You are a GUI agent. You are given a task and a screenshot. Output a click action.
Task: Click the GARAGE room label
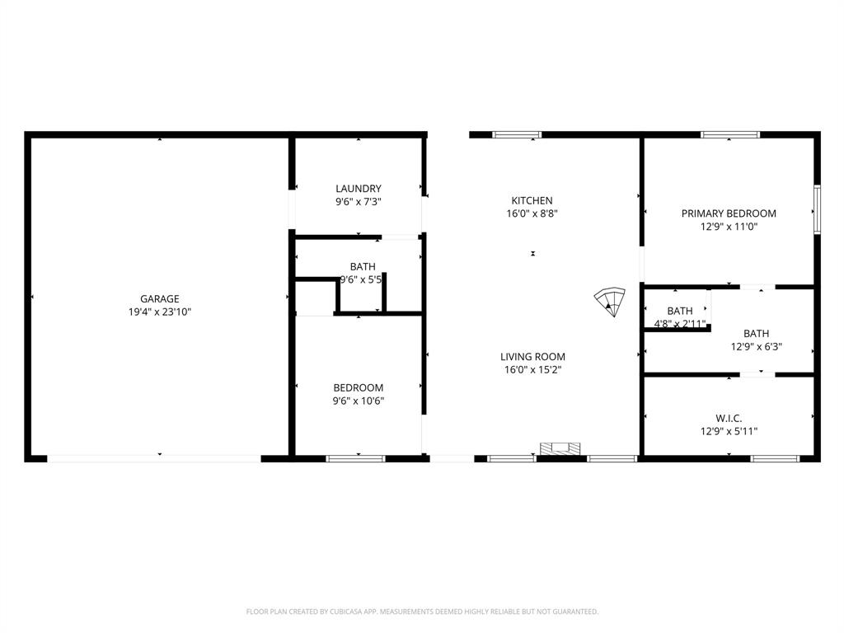159,299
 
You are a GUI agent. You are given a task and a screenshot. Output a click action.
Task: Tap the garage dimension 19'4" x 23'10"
159,312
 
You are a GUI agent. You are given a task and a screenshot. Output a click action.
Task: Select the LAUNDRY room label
359,189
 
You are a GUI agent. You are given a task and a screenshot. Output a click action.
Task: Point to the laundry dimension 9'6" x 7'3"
359,201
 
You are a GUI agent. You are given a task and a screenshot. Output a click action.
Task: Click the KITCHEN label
532,200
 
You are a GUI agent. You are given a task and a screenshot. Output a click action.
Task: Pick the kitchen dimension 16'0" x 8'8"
532,213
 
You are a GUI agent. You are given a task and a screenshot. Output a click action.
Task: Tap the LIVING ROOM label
532,357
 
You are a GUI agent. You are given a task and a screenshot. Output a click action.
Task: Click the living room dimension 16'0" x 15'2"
532,370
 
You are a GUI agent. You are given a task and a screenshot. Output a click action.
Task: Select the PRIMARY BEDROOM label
729,213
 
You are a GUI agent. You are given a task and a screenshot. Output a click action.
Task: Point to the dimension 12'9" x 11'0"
729,226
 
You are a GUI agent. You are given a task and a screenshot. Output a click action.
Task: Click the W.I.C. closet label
729,418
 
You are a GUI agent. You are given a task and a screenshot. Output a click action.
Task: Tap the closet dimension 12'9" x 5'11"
729,431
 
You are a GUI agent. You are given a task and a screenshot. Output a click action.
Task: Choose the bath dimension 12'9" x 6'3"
756,347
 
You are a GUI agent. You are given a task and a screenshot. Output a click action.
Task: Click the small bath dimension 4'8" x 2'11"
680,324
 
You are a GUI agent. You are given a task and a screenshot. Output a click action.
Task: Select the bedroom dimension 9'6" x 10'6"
359,401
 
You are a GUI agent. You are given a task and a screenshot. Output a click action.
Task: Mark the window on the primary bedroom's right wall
817,209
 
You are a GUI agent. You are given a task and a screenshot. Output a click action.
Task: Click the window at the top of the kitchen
517,134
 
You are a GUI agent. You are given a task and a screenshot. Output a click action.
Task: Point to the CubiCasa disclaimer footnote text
422,612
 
